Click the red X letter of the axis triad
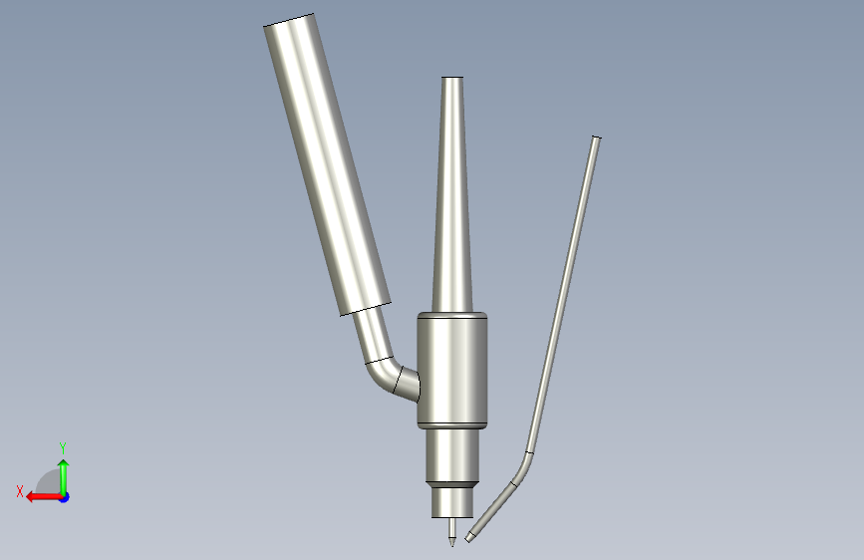(x=20, y=491)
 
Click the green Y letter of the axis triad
(x=63, y=447)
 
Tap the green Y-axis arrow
(x=64, y=476)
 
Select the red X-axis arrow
(x=44, y=497)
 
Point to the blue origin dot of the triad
(x=65, y=497)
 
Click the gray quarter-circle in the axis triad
(x=50, y=482)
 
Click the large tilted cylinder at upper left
(x=327, y=164)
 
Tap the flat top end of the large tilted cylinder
(x=288, y=19)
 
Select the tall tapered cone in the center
(x=452, y=194)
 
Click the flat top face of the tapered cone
(x=452, y=77)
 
